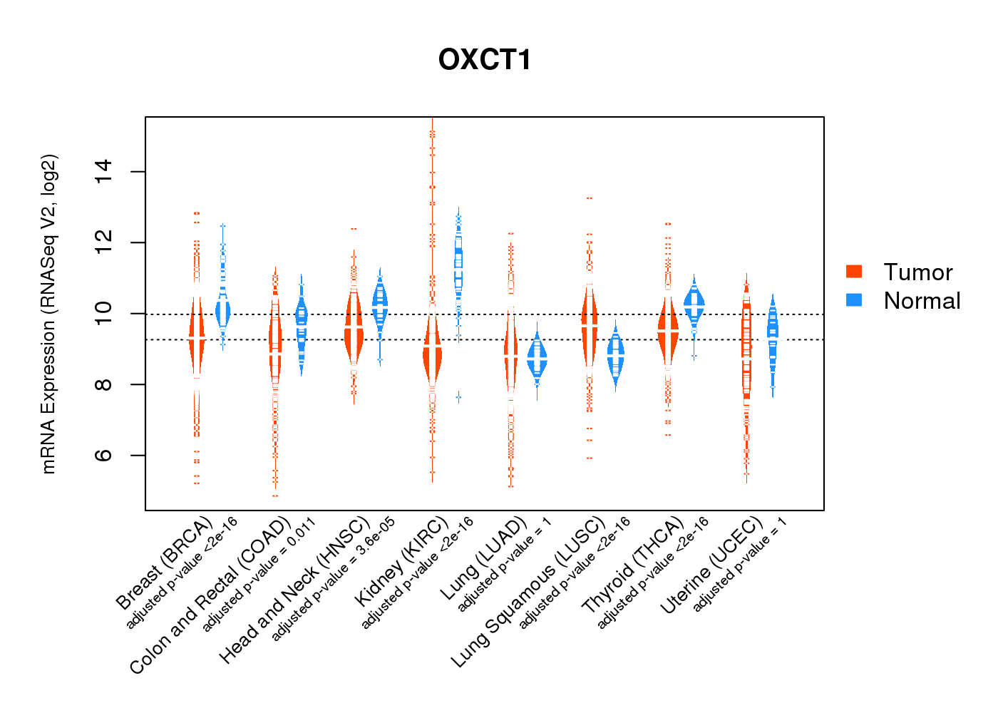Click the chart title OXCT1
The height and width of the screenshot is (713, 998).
[485, 60]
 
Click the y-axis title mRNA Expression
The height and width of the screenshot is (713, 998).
[48, 314]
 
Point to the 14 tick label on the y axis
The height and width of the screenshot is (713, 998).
[104, 172]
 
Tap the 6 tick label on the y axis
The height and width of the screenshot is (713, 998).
[104, 455]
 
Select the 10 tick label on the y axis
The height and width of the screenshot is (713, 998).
[104, 313]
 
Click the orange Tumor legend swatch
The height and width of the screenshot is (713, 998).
[853, 272]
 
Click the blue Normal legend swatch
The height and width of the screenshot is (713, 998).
[853, 300]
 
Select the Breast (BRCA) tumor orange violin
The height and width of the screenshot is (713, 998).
[197, 335]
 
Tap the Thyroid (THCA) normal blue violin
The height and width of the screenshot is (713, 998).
[694, 303]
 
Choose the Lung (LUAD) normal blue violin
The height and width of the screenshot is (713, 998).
[537, 360]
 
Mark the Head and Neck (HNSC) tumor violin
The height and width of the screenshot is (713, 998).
[354, 328]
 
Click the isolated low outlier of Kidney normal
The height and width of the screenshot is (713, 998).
[458, 396]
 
